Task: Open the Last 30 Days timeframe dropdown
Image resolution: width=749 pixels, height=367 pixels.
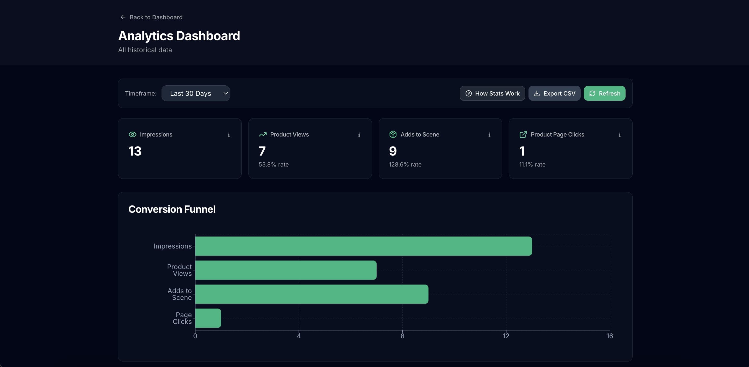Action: tap(195, 93)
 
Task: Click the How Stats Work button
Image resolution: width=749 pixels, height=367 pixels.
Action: tap(492, 93)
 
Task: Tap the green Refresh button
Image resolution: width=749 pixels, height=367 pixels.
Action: tap(604, 93)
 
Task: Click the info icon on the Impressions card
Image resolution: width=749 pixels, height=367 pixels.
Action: tap(229, 135)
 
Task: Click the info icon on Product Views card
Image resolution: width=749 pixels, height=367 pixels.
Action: tap(359, 135)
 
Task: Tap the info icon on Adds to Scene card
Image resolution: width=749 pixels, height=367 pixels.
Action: tap(489, 135)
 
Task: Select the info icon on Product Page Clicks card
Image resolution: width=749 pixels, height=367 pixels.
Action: tap(620, 135)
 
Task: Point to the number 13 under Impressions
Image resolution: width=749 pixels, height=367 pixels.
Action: tap(135, 151)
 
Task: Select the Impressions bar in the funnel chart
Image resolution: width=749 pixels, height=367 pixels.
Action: tap(364, 246)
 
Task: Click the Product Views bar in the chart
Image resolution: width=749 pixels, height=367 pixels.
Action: tap(286, 270)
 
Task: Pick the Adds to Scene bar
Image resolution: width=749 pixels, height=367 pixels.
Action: tap(311, 294)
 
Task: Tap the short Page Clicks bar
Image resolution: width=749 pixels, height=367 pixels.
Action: tap(208, 318)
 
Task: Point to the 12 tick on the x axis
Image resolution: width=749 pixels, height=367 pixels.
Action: tap(506, 336)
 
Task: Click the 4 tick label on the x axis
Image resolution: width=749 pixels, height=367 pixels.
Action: tap(299, 336)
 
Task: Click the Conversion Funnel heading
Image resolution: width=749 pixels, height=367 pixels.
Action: tap(172, 209)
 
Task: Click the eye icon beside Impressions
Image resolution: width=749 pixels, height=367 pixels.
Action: tap(132, 134)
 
